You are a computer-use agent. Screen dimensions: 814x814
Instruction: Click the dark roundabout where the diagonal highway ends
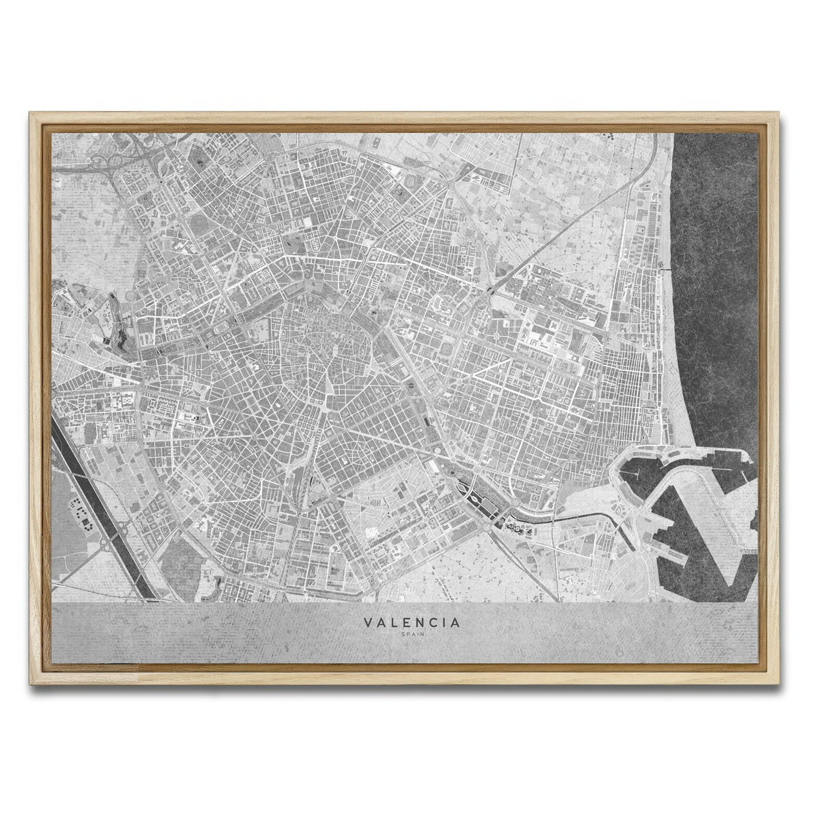point(489,292)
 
